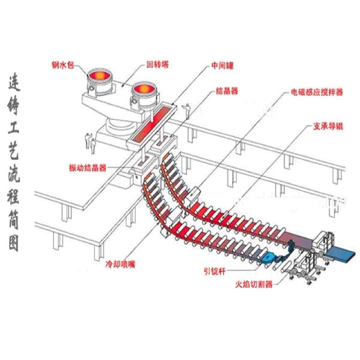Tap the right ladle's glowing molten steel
pos(144,90)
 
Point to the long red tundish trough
pos(146,125)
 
